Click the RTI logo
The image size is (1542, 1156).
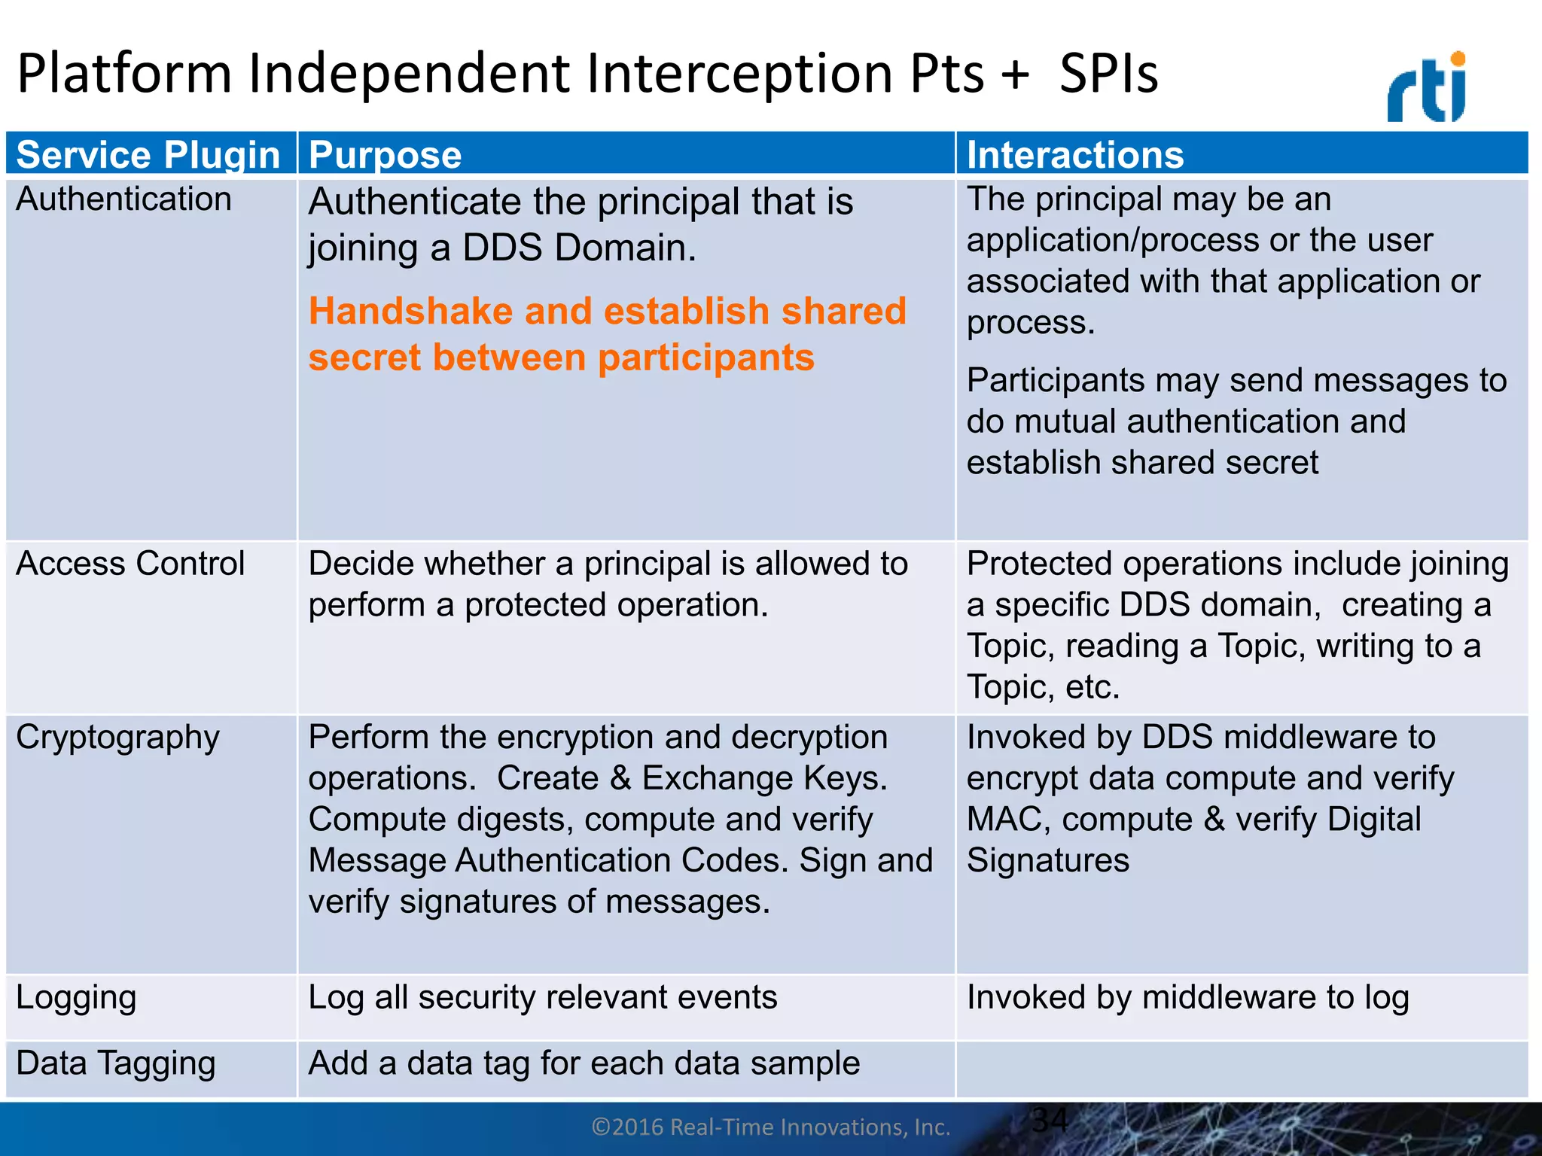click(1427, 89)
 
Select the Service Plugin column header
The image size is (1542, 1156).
click(148, 155)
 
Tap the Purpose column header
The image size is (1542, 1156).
click(385, 155)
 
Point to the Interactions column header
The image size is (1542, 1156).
click(1074, 155)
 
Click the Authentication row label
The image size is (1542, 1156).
click(123, 199)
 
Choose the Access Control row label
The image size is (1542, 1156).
click(130, 564)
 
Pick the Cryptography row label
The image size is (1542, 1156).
click(117, 738)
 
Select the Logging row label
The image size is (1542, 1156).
click(76, 998)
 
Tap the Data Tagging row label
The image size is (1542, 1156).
click(116, 1063)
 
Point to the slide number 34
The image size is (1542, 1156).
click(1049, 1120)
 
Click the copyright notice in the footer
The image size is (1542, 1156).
click(770, 1127)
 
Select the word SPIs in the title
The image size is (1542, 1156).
click(1108, 74)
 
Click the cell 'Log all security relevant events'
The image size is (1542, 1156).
click(542, 998)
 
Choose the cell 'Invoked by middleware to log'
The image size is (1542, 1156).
click(1187, 998)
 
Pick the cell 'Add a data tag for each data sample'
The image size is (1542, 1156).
click(584, 1063)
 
